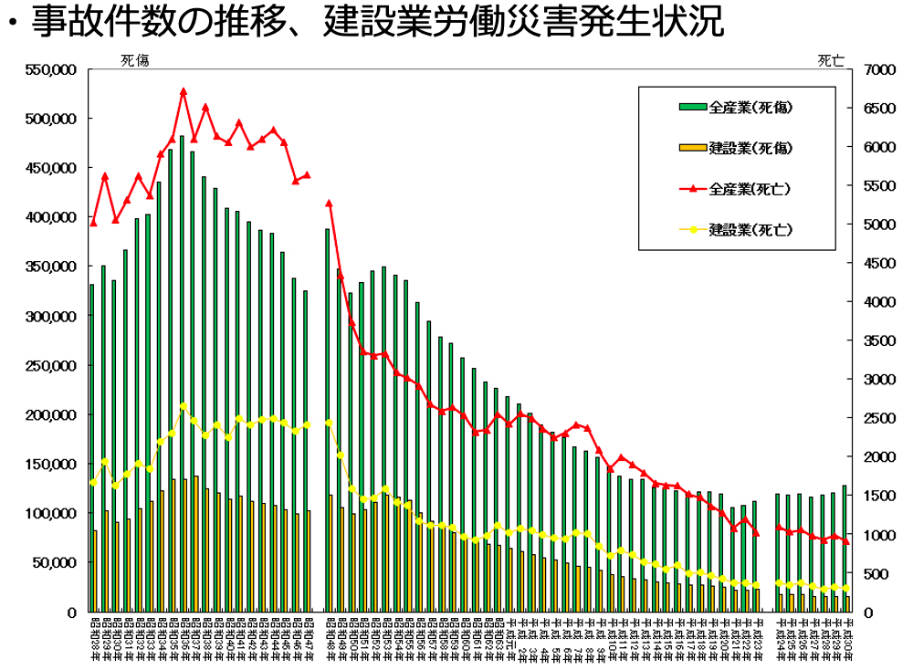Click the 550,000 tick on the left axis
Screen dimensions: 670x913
52,69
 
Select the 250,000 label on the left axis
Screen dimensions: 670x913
52,365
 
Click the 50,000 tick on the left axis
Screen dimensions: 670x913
56,562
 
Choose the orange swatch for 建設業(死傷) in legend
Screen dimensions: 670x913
693,147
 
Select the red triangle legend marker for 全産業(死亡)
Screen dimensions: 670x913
693,189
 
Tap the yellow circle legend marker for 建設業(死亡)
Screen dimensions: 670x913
693,228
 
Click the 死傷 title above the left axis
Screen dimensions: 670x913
134,60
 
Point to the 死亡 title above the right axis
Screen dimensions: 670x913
831,60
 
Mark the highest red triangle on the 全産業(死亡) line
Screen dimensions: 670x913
183,91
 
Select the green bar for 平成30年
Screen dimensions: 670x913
845,548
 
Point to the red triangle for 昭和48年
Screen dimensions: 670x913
329,204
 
